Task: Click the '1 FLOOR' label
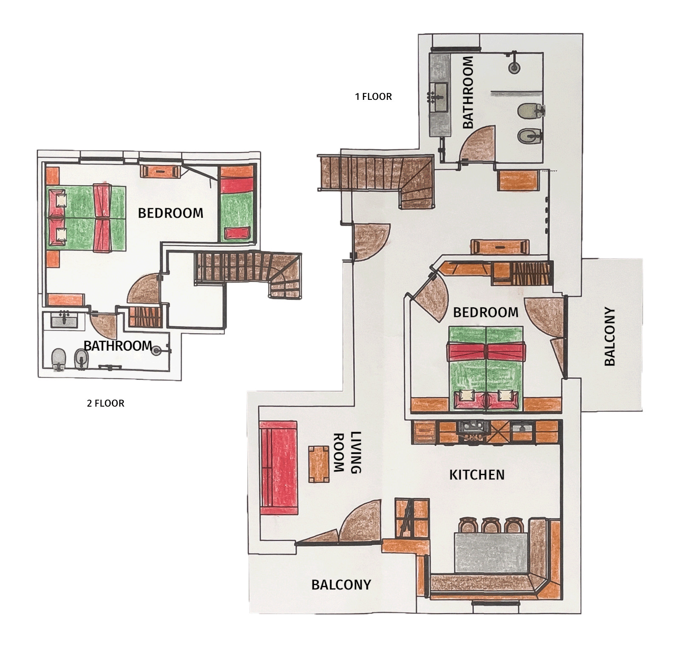click(373, 96)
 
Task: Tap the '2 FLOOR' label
click(105, 403)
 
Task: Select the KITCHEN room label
click(477, 475)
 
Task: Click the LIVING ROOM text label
click(346, 453)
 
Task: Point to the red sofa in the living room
click(278, 468)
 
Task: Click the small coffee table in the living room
click(319, 464)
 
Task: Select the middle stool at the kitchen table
click(490, 525)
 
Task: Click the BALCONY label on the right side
click(610, 336)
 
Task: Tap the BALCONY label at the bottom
click(341, 585)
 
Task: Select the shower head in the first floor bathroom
click(514, 67)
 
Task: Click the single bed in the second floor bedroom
click(236, 204)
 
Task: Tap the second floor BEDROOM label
click(170, 213)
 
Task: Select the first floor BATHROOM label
click(467, 93)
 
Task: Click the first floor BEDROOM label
click(486, 312)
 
